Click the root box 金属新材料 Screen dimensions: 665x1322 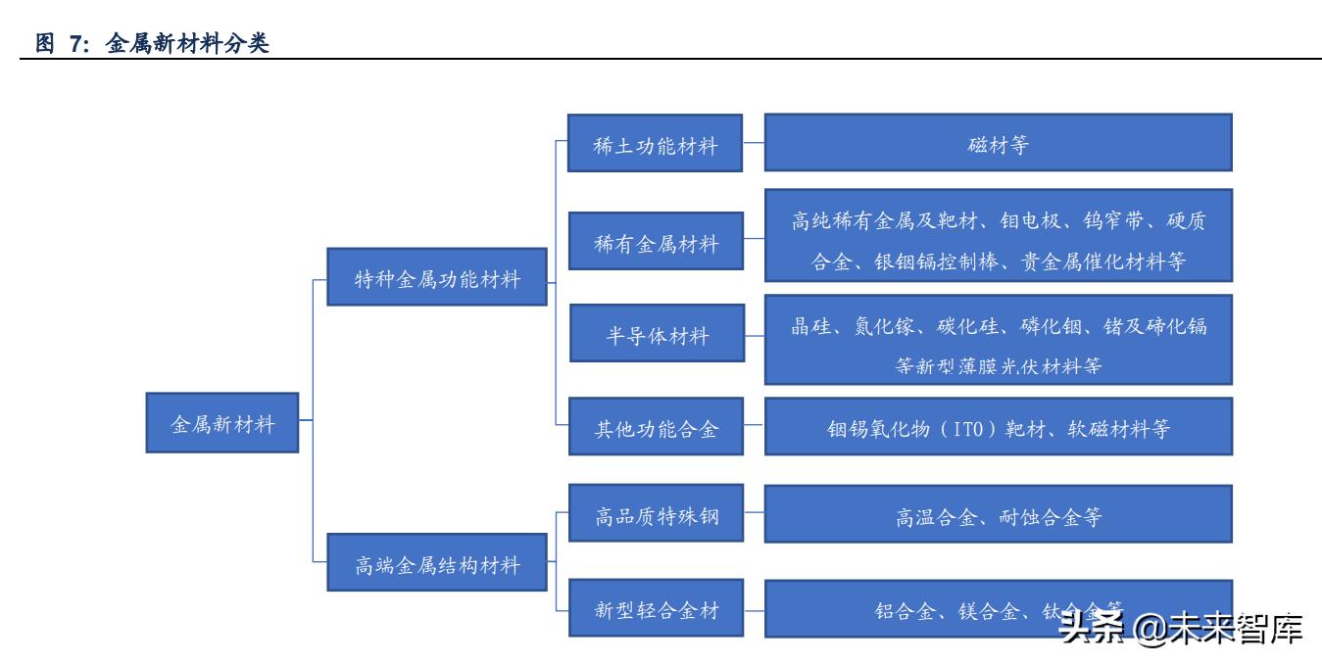[x=222, y=423]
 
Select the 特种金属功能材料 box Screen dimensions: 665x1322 [x=436, y=279]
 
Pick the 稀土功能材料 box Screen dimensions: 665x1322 [x=657, y=146]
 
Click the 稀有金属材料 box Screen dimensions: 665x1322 [x=657, y=242]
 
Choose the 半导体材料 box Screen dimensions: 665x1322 [x=657, y=338]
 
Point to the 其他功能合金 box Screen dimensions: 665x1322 [x=657, y=427]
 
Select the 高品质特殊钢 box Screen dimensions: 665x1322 [x=657, y=513]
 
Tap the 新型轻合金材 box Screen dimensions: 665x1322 [x=657, y=609]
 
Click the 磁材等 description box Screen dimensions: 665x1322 [x=998, y=143]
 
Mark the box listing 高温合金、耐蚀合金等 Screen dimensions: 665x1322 [x=998, y=513]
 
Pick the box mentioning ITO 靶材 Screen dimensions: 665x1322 [x=998, y=427]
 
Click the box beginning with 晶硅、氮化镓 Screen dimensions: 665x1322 [x=998, y=339]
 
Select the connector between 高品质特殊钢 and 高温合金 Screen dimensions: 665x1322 [x=754, y=513]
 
